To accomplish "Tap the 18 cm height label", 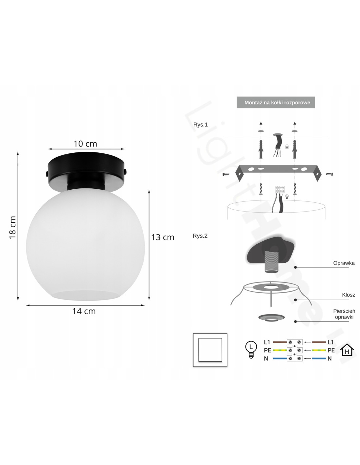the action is (x=13, y=227).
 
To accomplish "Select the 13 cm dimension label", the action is (x=163, y=237).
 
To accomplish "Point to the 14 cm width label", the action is (x=84, y=311).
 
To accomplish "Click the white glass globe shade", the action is (x=85, y=244).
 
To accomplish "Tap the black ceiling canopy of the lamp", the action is (x=87, y=169).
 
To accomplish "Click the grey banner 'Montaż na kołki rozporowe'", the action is (x=276, y=102).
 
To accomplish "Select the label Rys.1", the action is (x=200, y=125).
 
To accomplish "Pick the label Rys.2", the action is (x=200, y=236).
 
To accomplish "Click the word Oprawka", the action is (x=344, y=263).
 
